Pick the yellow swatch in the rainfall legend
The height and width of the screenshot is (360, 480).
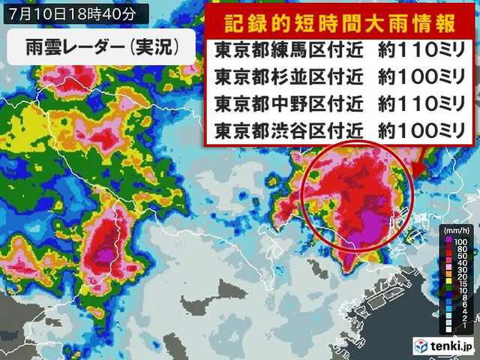(x=448, y=280)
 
